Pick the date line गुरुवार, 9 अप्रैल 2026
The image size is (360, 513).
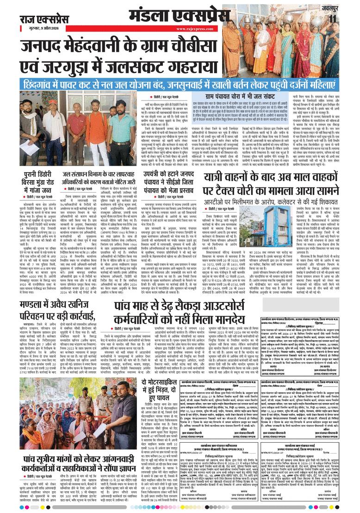tap(39, 28)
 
